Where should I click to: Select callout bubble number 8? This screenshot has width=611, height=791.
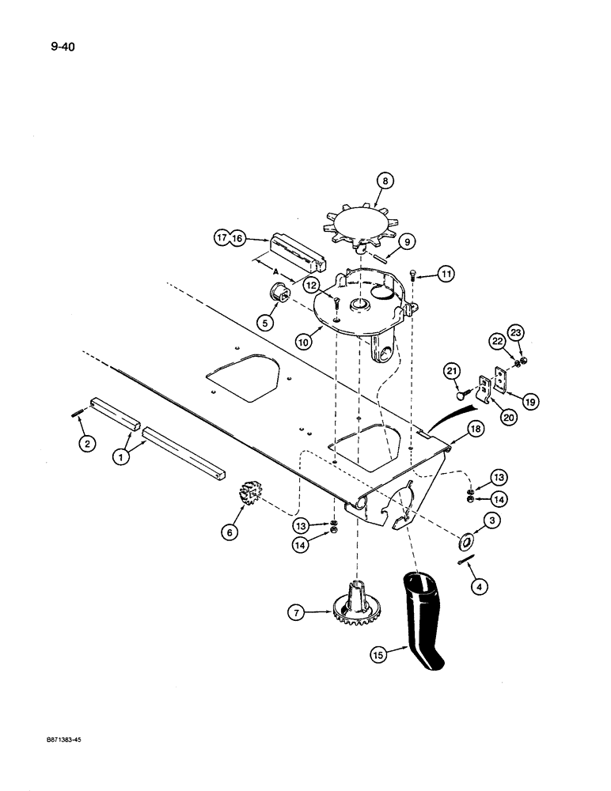[x=385, y=181]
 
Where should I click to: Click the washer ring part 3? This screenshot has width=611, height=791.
[x=465, y=543]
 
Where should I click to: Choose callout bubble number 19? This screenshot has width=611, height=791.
[x=529, y=402]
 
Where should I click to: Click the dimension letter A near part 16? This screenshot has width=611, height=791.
[x=275, y=271]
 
